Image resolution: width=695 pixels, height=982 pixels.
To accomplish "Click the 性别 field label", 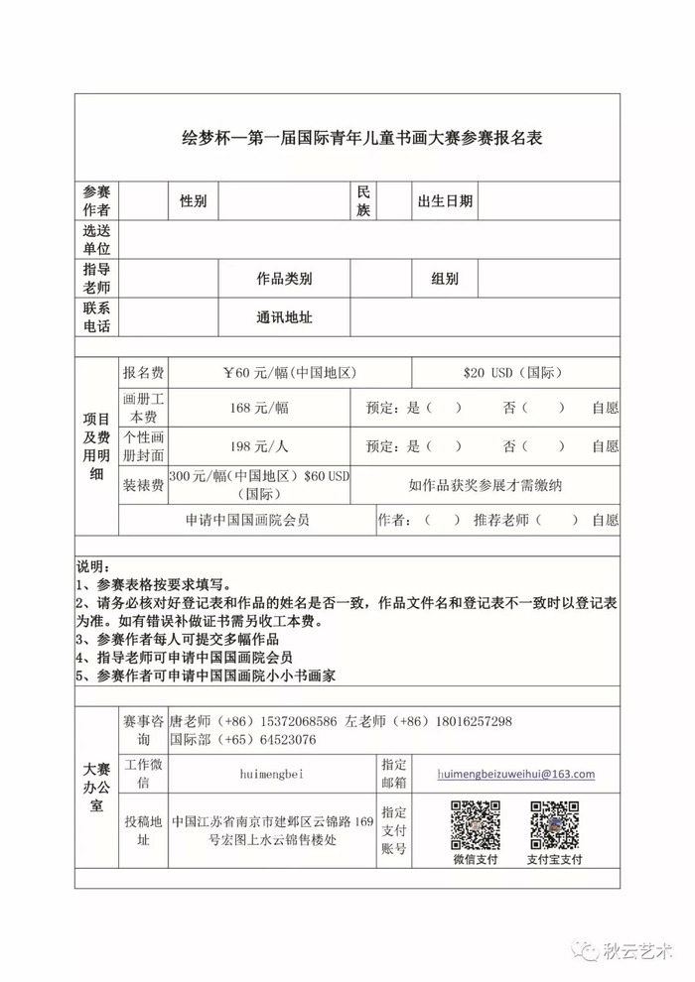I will tap(193, 201).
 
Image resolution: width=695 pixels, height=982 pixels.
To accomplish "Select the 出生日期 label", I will tap(445, 201).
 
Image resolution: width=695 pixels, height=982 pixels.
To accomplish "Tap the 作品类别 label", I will tap(284, 279).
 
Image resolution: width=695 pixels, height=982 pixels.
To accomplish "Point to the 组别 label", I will tap(445, 279).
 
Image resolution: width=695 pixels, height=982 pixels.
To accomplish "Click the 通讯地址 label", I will tap(284, 317).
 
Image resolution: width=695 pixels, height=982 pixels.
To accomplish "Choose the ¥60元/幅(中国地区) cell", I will tap(289, 373).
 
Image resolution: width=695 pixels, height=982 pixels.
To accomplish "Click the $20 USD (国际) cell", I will tap(513, 373).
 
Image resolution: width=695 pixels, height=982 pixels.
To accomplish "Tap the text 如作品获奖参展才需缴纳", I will tap(484, 485).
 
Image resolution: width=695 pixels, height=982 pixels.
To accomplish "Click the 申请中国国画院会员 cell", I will tap(247, 519).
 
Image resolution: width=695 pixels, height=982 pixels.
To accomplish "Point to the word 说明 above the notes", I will tap(92, 566).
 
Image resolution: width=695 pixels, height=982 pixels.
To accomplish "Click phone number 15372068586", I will tap(297, 721).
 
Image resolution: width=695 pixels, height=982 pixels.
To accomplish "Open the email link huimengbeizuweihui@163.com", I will tap(515, 774).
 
